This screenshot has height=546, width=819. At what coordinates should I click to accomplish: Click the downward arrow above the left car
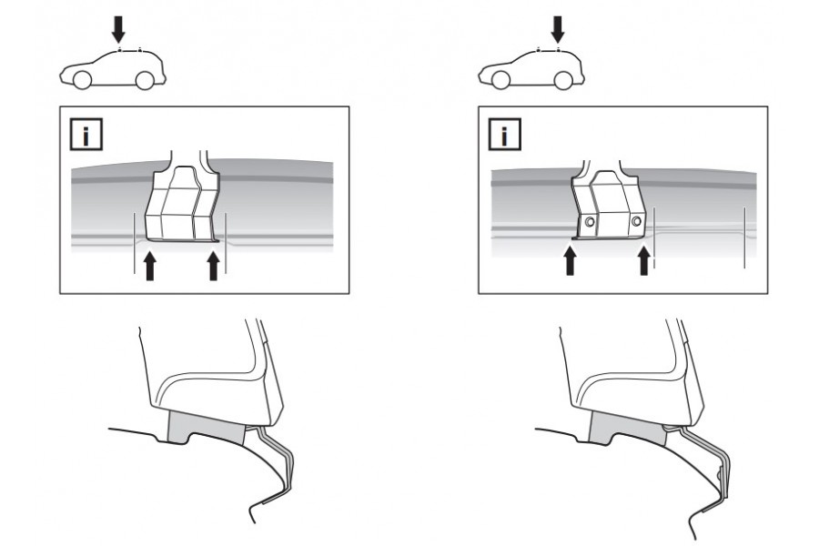pyautogui.click(x=118, y=29)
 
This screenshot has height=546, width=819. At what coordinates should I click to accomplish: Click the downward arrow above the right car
pyautogui.click(x=558, y=29)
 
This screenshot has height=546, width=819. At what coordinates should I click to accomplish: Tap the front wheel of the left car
pyautogui.click(x=82, y=80)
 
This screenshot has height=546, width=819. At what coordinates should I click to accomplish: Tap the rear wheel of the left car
pyautogui.click(x=145, y=80)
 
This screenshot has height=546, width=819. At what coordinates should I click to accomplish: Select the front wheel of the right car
pyautogui.click(x=500, y=80)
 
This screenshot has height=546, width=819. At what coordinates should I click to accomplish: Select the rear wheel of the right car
pyautogui.click(x=563, y=80)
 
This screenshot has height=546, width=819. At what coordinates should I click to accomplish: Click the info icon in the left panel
pyautogui.click(x=86, y=135)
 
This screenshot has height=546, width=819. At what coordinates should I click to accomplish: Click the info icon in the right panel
pyautogui.click(x=504, y=135)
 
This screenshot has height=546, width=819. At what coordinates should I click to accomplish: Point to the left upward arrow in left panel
pyautogui.click(x=150, y=266)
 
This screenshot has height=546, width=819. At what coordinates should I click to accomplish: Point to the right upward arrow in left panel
pyautogui.click(x=213, y=266)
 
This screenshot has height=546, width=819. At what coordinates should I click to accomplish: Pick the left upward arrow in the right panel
pyautogui.click(x=570, y=260)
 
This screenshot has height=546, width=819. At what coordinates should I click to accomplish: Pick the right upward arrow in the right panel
pyautogui.click(x=644, y=260)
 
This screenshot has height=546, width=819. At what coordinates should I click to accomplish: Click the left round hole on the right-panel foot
pyautogui.click(x=590, y=222)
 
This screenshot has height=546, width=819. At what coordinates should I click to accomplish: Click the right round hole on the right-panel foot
pyautogui.click(x=636, y=221)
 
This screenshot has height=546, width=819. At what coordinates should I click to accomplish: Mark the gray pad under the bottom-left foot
pyautogui.click(x=206, y=427)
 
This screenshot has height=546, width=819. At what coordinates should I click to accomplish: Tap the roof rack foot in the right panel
pyautogui.click(x=606, y=200)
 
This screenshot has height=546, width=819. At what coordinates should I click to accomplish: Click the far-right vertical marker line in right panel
pyautogui.click(x=744, y=238)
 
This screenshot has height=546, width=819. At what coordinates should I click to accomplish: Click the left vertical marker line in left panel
pyautogui.click(x=135, y=242)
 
